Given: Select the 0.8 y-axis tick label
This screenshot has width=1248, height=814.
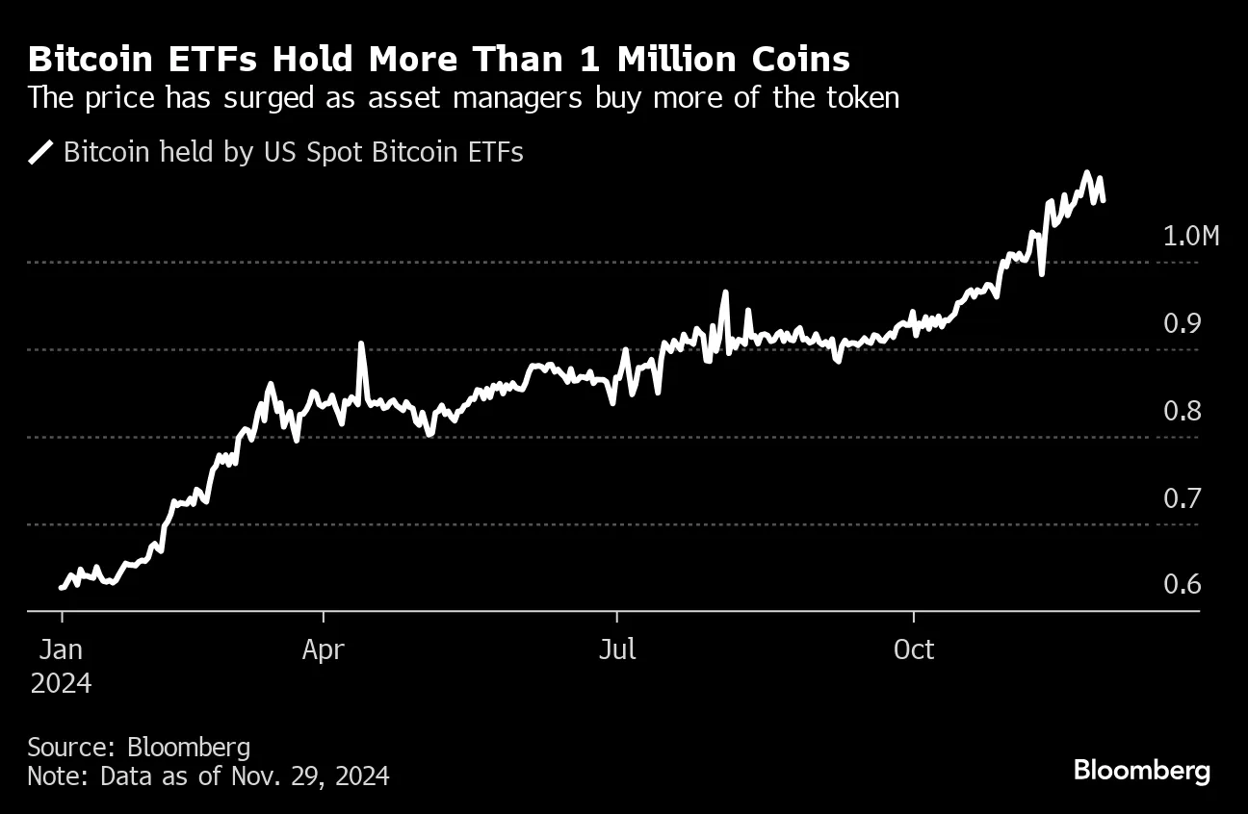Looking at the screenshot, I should [x=1183, y=412].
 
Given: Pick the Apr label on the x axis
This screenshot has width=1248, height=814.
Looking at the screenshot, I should [x=323, y=650].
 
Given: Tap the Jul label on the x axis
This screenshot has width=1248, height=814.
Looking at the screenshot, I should [x=616, y=650].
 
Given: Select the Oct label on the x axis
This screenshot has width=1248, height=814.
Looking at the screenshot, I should [x=913, y=650].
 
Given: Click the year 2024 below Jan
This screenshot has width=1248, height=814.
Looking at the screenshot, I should [x=61, y=683].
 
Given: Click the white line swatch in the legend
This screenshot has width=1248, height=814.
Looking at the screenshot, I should [x=40, y=153].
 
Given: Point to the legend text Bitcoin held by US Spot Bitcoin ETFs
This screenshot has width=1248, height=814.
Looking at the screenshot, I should [x=294, y=153].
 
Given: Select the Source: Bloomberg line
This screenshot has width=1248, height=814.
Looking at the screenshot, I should [x=139, y=747].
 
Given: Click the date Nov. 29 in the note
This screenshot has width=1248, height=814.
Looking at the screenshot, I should [x=266, y=776].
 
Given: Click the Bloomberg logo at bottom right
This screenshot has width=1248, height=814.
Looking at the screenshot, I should [x=1141, y=771].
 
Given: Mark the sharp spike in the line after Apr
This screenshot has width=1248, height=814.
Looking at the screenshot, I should [x=361, y=343].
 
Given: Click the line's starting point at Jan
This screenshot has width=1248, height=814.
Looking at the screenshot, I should [x=62, y=587].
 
